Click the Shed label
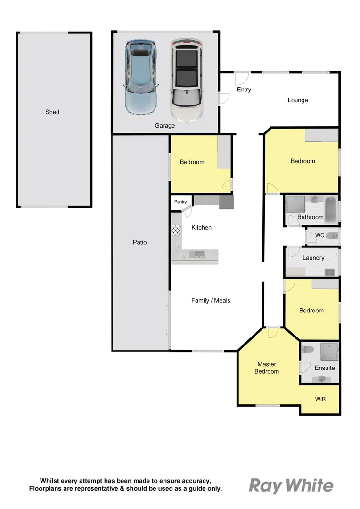click(x=52, y=112)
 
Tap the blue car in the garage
click(x=140, y=78)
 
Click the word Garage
click(x=165, y=126)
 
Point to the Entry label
click(x=244, y=90)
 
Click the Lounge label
click(x=298, y=100)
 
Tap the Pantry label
click(x=180, y=202)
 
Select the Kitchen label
click(x=201, y=228)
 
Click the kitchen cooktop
click(x=176, y=230)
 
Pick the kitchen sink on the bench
click(x=197, y=254)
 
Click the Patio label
click(x=139, y=242)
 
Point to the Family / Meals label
click(x=211, y=301)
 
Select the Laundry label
click(x=313, y=258)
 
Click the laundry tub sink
click(x=329, y=271)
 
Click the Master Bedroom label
click(x=267, y=368)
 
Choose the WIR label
click(x=320, y=399)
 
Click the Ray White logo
click(x=291, y=485)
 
